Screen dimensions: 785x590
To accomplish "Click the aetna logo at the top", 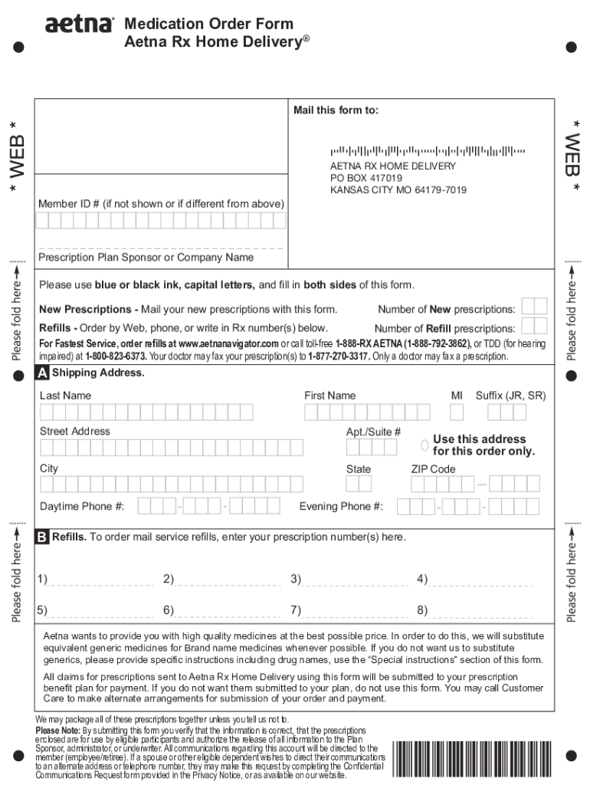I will pyautogui.click(x=79, y=25).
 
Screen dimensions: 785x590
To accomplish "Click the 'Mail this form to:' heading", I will pyautogui.click(x=336, y=110).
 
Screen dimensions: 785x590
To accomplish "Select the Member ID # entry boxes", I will pyautogui.click(x=160, y=221).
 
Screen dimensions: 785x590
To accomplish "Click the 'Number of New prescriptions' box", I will pyautogui.click(x=534, y=307).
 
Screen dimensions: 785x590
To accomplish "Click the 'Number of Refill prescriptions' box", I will pyautogui.click(x=534, y=327).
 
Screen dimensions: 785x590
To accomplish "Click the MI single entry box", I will pyautogui.click(x=457, y=412).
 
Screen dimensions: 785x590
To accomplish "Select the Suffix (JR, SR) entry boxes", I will pyautogui.click(x=506, y=412).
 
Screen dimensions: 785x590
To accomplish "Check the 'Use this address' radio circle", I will pyautogui.click(x=424, y=445).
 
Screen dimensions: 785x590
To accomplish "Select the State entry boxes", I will pyautogui.click(x=358, y=484).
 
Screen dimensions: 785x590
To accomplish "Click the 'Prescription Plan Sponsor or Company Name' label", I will pyautogui.click(x=146, y=258).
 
